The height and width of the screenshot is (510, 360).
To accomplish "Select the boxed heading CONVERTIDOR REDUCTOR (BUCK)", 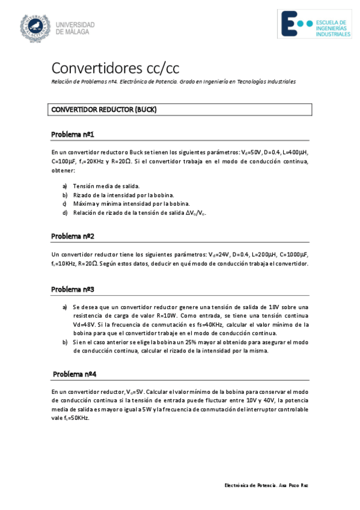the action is tap(104, 109).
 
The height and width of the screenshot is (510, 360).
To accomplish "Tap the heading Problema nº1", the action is tap(73, 134).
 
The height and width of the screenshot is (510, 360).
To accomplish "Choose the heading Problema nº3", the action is tap(73, 289).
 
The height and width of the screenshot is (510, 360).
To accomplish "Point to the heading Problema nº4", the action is tap(75, 373).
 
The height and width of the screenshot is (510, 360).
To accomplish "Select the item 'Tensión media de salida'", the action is tap(106, 186).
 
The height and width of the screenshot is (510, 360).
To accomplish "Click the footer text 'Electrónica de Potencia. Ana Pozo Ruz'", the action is tap(266, 485).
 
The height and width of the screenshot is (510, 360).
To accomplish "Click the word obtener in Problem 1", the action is tap(63, 171).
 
